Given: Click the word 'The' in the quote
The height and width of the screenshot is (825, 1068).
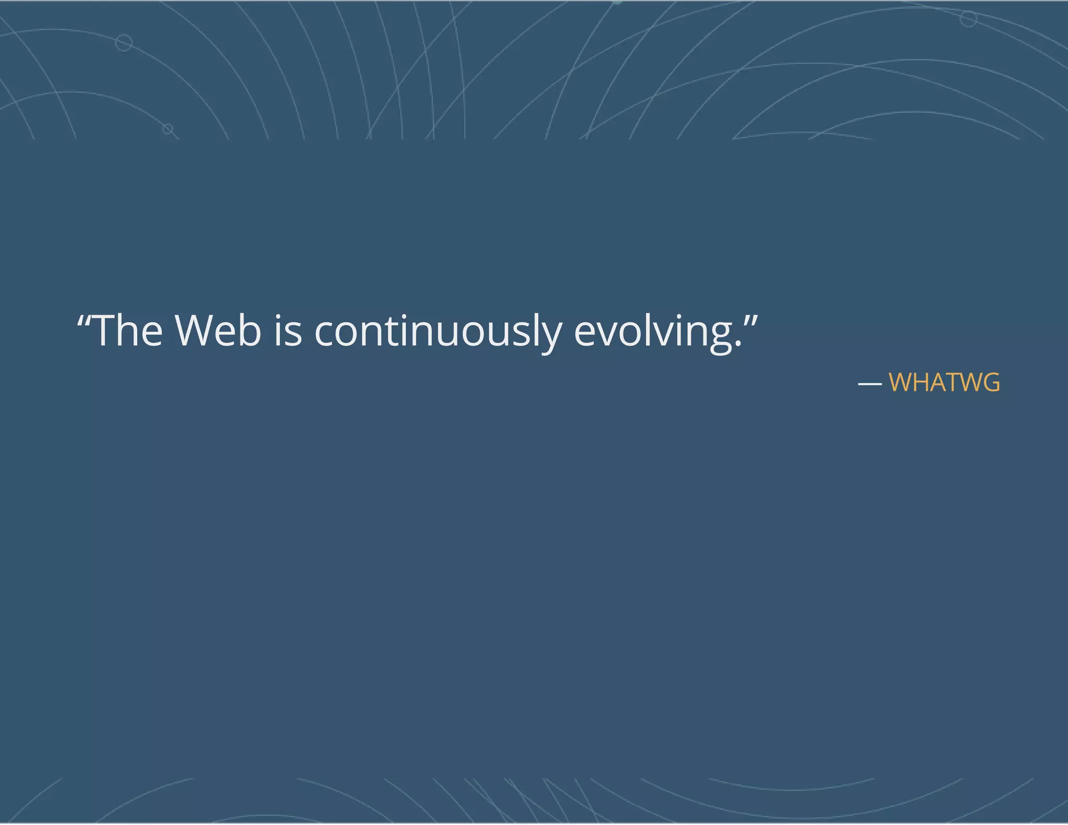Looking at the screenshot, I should click(128, 331).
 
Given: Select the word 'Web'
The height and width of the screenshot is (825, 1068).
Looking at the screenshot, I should click(218, 331).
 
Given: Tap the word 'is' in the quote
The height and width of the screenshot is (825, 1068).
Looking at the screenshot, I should click(288, 331).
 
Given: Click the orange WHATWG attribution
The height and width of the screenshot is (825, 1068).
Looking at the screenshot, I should click(944, 383).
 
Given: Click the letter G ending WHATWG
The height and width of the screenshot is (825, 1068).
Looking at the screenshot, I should click(990, 383).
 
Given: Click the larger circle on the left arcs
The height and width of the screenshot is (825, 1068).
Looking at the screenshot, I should click(124, 43).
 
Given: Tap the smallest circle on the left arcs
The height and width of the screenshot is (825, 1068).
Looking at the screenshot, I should click(167, 129).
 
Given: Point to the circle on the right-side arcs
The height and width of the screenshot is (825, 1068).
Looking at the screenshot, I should click(968, 19).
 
